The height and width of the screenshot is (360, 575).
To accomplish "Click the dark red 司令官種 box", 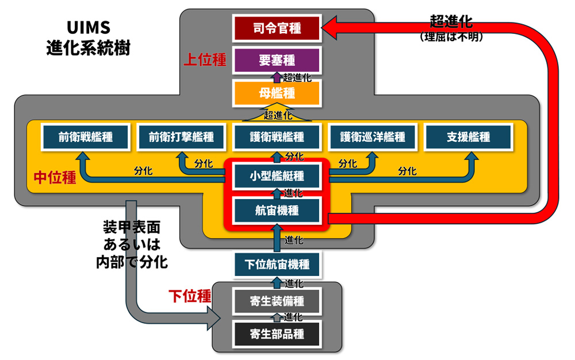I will pyautogui.click(x=277, y=28).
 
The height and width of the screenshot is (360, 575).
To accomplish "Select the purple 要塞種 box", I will pyautogui.click(x=277, y=60).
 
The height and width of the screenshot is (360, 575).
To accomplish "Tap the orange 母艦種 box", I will pyautogui.click(x=277, y=93).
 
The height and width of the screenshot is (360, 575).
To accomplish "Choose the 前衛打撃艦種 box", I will pyautogui.click(x=181, y=137).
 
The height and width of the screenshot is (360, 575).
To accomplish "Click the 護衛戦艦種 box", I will pyautogui.click(x=277, y=137).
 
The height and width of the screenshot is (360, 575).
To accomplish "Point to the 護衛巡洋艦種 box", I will pyautogui.click(x=372, y=137).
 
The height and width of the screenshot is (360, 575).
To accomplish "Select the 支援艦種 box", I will pyautogui.click(x=468, y=137).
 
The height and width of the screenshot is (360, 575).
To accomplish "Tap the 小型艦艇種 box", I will pyautogui.click(x=277, y=175).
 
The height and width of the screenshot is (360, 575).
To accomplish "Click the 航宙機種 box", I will pyautogui.click(x=277, y=210).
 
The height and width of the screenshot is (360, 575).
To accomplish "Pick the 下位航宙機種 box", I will pyautogui.click(x=277, y=265).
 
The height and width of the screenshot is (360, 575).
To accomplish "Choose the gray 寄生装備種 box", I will pyautogui.click(x=277, y=300).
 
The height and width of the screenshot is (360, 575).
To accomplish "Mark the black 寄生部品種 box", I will pyautogui.click(x=277, y=333).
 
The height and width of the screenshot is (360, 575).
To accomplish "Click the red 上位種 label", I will pyautogui.click(x=205, y=60).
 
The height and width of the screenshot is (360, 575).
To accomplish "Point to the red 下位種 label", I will pyautogui.click(x=189, y=296).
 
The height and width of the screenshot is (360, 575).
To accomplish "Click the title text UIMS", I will pyautogui.click(x=88, y=28).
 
